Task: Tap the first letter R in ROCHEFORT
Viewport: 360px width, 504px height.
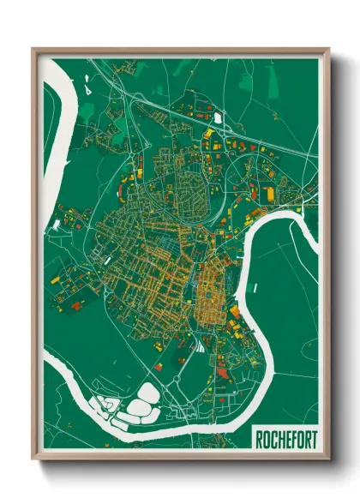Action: point(260,439)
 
